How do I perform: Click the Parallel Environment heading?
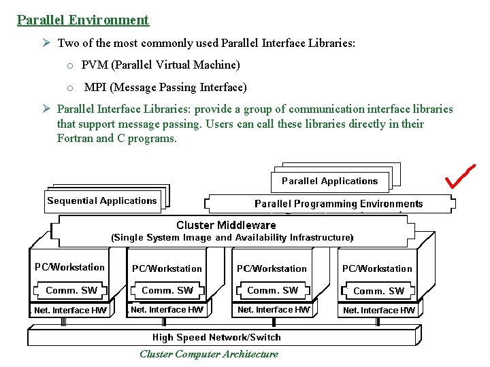(x=82, y=20)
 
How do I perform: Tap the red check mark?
(x=460, y=176)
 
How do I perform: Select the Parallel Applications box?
(x=329, y=181)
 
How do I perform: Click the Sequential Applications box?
(x=102, y=201)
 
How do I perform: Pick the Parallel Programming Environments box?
(x=338, y=204)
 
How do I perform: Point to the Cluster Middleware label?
(x=226, y=225)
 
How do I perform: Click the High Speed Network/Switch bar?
(x=216, y=337)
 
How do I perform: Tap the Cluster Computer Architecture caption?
(x=208, y=354)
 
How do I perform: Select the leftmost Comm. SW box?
(x=71, y=290)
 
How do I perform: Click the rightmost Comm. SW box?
(x=378, y=291)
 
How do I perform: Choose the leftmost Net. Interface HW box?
(x=71, y=311)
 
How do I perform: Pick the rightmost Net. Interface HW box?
(x=379, y=311)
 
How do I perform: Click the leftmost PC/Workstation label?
(x=70, y=268)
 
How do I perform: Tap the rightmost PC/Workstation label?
(x=377, y=268)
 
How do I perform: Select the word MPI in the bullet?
(x=95, y=88)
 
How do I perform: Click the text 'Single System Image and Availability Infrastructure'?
(x=232, y=238)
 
